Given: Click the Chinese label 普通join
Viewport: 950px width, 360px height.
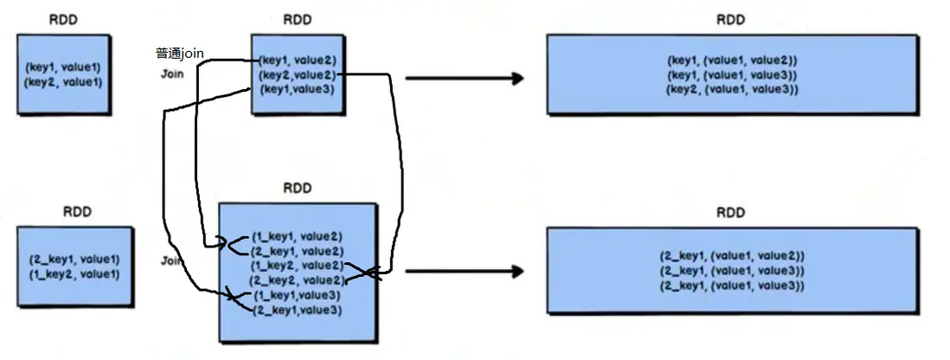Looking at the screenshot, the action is point(179,54).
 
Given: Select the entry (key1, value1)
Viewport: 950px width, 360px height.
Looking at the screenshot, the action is point(63,67).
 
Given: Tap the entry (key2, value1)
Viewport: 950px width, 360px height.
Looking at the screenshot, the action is point(63,82).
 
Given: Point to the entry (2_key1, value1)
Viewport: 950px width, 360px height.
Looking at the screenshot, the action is point(74,260).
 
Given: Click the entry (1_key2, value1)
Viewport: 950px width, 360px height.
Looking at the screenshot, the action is point(74,274).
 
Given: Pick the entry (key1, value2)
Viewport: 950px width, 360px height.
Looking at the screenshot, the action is point(298,61).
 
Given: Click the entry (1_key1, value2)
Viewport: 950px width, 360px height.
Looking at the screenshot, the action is point(296,236).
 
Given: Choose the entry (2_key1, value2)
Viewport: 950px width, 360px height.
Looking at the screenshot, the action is point(296,251).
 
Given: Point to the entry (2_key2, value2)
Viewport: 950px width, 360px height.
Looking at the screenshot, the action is point(296,280).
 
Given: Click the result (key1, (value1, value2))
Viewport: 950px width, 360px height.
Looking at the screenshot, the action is point(732,61).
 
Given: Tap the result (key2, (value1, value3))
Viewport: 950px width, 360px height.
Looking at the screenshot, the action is point(732,90).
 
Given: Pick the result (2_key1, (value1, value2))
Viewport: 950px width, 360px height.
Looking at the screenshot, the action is point(732,256).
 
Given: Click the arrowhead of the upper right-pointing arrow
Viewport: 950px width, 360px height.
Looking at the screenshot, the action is point(517,78).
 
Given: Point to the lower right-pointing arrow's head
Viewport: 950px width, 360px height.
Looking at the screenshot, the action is point(517,271).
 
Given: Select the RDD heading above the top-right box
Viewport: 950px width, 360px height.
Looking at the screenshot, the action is point(730,20).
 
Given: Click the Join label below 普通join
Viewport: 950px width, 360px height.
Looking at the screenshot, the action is point(173,74).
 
